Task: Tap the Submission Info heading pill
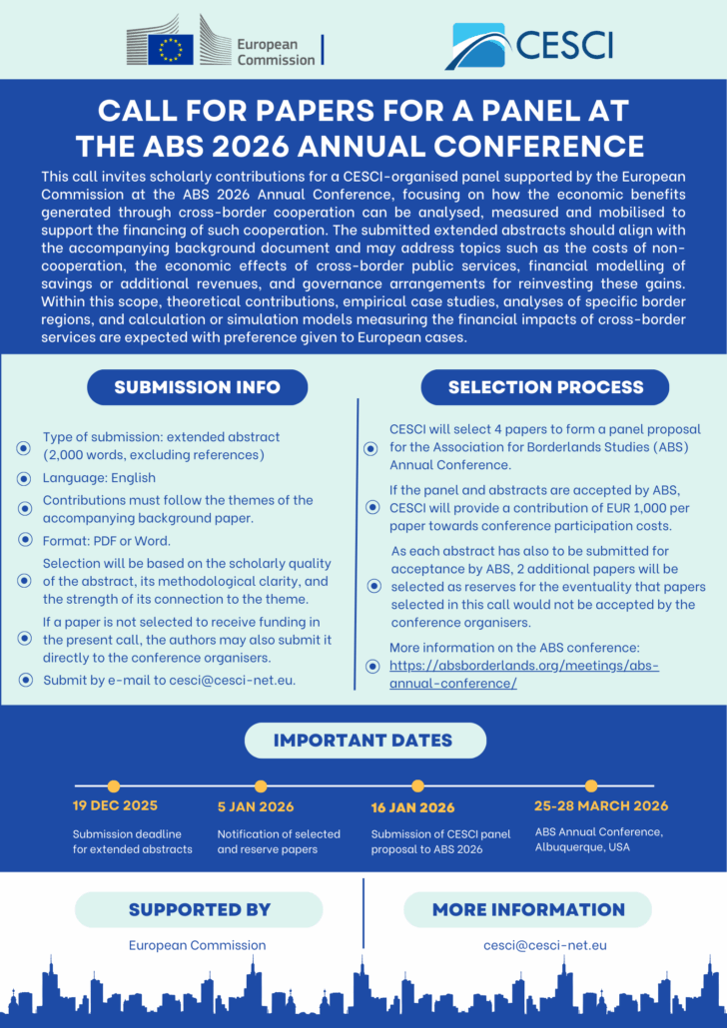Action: point(197,387)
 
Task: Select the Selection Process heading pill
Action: point(545,387)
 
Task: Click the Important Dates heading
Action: point(363,741)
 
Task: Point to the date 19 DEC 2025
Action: point(115,805)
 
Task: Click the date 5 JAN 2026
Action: point(256,806)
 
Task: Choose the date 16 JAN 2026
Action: point(412,807)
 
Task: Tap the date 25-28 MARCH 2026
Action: point(601,805)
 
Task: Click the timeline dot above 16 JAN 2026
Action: point(417,785)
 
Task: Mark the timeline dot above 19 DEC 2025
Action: point(113,785)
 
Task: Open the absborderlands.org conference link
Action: point(523,674)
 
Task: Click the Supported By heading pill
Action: point(199,909)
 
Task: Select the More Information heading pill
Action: point(528,909)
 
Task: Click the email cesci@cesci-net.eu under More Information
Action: point(545,945)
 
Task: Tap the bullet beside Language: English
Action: point(23,479)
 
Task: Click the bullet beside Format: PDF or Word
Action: point(23,540)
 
